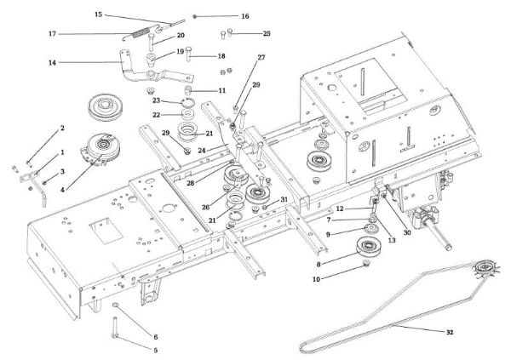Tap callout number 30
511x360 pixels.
[407, 231]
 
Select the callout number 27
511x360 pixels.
[261, 57]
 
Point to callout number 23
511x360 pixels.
[168, 100]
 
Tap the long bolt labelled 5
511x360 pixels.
[114, 328]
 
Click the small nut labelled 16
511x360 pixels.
[195, 16]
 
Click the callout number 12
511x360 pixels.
[339, 209]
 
